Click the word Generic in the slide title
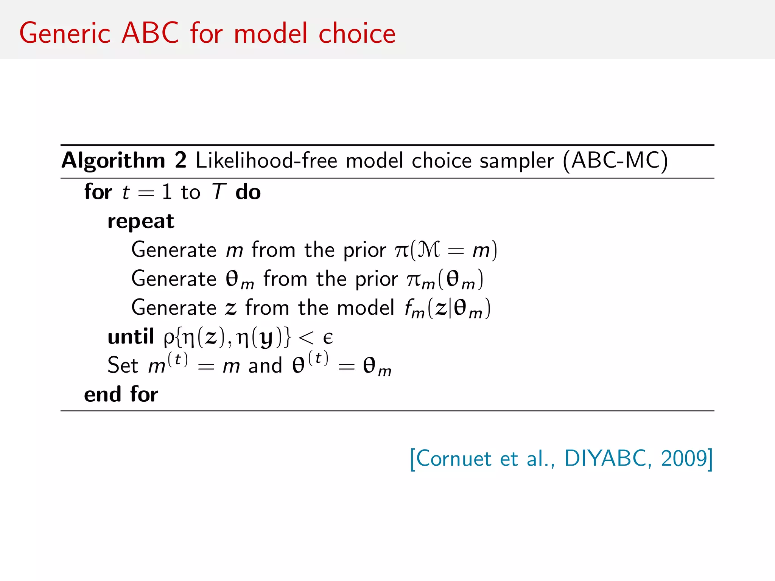tap(65, 33)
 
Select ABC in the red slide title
tap(150, 33)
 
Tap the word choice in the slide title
tap(357, 33)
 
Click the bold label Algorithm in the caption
tap(113, 161)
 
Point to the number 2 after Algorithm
tap(181, 160)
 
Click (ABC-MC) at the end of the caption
tap(615, 160)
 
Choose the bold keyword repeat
tap(141, 222)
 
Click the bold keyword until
tap(131, 336)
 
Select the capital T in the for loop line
tap(219, 191)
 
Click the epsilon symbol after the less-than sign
tap(328, 337)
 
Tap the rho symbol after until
tap(169, 338)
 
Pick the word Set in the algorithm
tap(123, 365)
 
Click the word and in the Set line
tap(265, 366)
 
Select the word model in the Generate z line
tap(366, 308)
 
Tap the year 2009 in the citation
tap(684, 458)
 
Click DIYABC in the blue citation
tap(608, 458)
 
